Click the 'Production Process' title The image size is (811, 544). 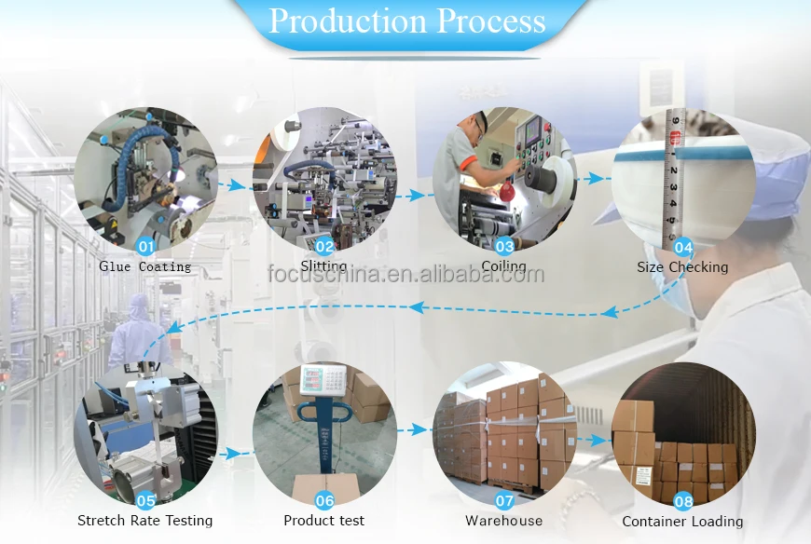(407, 20)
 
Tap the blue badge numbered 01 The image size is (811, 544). (145, 247)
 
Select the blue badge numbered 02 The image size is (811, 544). (324, 247)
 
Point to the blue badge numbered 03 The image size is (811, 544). (504, 247)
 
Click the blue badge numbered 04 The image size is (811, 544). (683, 248)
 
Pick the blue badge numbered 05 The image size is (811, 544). (145, 500)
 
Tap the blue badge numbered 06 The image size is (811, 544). (324, 500)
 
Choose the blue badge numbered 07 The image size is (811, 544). (504, 500)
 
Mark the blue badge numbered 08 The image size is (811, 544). (683, 501)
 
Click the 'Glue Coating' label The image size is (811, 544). (145, 267)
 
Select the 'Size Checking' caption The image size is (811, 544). (683, 267)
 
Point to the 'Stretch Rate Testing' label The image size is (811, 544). (145, 521)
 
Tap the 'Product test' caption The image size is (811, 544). (324, 521)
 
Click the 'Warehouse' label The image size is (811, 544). (504, 521)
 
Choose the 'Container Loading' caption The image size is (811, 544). (683, 522)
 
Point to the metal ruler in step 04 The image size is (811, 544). (674, 177)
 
